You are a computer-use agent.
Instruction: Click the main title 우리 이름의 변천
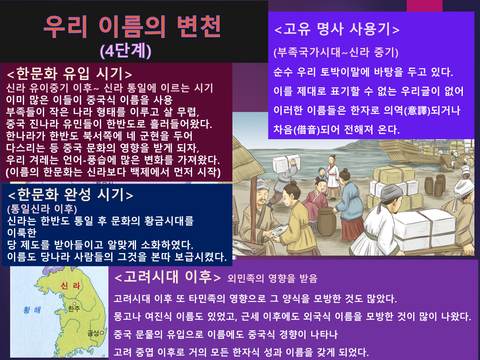[x=132, y=27]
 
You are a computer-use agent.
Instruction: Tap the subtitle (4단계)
[x=126, y=51]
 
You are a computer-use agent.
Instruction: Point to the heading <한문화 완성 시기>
[x=70, y=195]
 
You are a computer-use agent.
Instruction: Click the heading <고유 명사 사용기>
[x=337, y=29]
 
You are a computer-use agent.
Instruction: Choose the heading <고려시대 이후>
[x=168, y=277]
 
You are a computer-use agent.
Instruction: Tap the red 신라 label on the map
[x=70, y=286]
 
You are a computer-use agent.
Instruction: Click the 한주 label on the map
[x=74, y=309]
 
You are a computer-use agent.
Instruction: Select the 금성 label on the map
[x=93, y=333]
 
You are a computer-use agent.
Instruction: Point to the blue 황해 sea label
[x=32, y=310]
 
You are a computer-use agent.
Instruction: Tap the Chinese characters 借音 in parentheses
[x=306, y=130]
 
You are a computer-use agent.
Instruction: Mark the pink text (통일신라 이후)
[x=42, y=209]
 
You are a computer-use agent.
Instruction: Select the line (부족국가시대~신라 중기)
[x=336, y=52]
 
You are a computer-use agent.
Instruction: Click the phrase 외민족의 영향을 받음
[x=272, y=278]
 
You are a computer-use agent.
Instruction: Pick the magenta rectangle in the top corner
[x=424, y=6]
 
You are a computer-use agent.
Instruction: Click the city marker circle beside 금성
[x=102, y=333]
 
